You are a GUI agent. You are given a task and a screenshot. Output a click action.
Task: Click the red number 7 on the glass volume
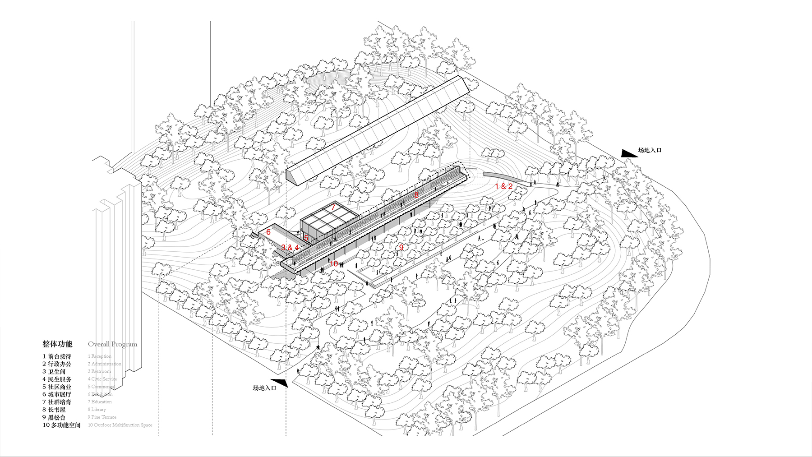(333, 208)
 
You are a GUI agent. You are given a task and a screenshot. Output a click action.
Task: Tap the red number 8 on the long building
(416, 195)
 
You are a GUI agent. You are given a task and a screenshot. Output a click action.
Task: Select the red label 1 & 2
(504, 186)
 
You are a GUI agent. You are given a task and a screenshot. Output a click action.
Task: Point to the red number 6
(268, 232)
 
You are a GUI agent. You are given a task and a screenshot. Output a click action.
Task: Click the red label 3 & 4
(290, 247)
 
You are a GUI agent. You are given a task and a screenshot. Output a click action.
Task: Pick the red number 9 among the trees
(401, 247)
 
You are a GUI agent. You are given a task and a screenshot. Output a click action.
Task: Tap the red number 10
(334, 263)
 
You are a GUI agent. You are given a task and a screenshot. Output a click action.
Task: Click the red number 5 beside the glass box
(306, 238)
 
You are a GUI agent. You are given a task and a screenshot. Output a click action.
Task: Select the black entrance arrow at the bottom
(279, 383)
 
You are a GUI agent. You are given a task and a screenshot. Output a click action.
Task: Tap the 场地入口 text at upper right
(650, 150)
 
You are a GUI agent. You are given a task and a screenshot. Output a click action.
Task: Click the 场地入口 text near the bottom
(264, 388)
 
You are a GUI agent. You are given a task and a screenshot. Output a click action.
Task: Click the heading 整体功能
(57, 344)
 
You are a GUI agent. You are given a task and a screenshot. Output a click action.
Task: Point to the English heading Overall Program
(112, 344)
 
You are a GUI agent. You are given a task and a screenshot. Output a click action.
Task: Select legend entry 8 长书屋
(54, 410)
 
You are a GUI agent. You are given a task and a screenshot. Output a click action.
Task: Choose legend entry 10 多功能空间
(62, 425)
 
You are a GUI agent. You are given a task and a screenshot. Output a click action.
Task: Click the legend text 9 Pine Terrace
(102, 417)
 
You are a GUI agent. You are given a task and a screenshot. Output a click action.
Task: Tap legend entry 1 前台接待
(57, 356)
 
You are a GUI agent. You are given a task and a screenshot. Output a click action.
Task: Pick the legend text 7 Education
(100, 402)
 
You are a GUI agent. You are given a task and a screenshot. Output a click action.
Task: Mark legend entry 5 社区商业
(57, 387)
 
